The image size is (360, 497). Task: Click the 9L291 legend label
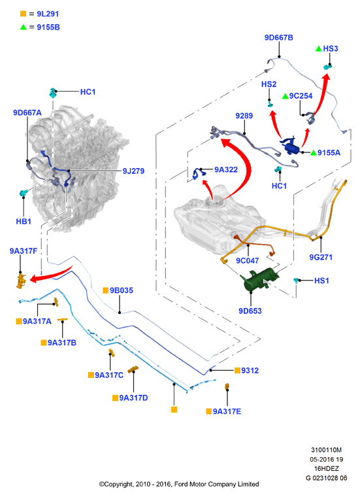48,14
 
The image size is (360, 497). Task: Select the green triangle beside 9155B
23,27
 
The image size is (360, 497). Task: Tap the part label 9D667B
278,38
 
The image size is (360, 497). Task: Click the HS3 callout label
330,48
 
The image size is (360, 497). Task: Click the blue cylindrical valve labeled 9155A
290,146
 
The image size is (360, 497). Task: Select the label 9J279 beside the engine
133,171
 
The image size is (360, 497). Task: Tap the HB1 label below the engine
24,221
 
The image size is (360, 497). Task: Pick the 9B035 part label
122,290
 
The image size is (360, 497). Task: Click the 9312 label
250,371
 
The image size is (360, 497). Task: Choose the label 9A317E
227,411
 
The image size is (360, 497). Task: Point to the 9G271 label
321,257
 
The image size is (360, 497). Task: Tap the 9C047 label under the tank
247,260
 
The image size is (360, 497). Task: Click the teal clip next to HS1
296,280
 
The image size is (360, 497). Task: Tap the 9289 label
244,116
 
